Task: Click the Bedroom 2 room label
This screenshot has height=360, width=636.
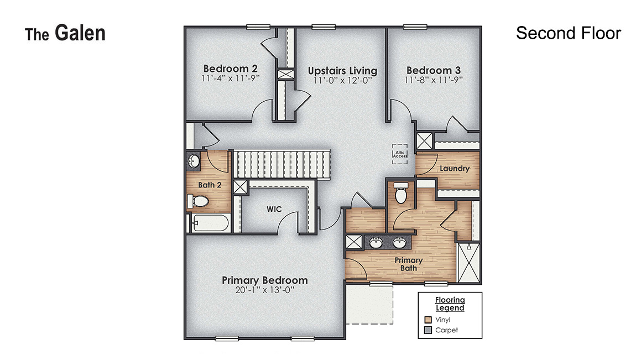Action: click(x=230, y=69)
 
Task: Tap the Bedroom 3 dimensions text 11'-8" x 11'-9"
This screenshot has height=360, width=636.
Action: click(x=434, y=79)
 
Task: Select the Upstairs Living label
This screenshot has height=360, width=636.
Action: click(x=342, y=71)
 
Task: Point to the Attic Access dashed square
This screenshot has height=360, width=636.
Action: click(x=400, y=154)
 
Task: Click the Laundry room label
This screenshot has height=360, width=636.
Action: click(x=455, y=168)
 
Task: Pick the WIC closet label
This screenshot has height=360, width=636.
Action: click(x=274, y=210)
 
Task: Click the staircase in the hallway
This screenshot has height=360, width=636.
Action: click(x=281, y=164)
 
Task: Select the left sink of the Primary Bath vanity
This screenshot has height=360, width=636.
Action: click(x=377, y=242)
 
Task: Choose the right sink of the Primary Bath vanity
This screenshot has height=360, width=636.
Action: click(x=400, y=242)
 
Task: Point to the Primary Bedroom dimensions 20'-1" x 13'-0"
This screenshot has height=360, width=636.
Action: click(x=265, y=290)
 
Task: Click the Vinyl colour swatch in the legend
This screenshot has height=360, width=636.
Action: click(x=428, y=320)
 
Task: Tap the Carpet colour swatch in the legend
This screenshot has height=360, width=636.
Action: click(x=428, y=330)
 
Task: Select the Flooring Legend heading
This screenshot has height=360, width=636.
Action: click(x=450, y=304)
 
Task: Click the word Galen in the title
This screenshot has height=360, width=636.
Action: click(x=80, y=33)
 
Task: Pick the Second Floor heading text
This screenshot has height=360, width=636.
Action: click(x=568, y=33)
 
